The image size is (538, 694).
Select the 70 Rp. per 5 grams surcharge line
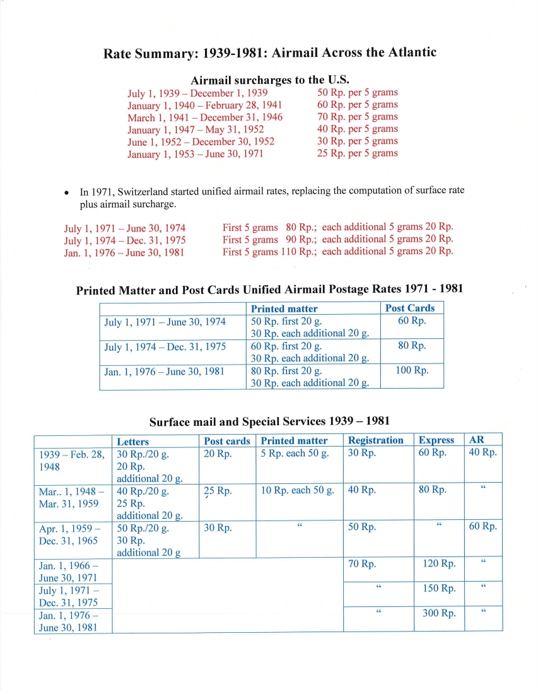(357, 117)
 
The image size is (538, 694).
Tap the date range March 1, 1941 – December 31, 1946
(205, 117)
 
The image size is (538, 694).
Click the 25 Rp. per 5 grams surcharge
(357, 153)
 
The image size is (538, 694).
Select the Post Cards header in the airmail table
(410, 308)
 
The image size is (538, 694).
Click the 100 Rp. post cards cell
(412, 370)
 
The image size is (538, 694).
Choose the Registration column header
(375, 440)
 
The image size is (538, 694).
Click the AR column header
(477, 440)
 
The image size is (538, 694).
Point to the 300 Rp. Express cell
(439, 613)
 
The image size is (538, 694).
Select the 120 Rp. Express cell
(439, 563)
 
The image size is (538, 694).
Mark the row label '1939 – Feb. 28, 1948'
(72, 460)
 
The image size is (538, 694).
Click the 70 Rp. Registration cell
(362, 563)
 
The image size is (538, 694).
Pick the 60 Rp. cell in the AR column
(482, 527)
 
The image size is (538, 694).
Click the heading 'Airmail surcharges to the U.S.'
(269, 80)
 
